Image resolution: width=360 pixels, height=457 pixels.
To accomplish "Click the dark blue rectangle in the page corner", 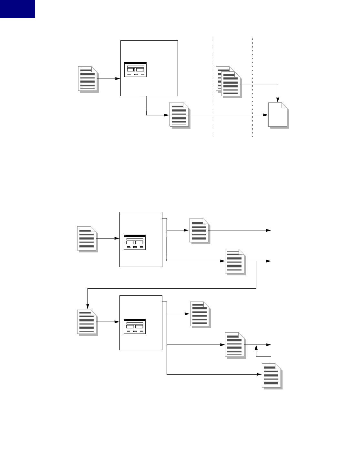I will pyautogui.click(x=17, y=9).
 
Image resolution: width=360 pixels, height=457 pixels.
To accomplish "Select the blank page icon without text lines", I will pyautogui.click(x=278, y=115).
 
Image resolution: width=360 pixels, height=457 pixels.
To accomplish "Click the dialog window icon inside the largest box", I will pyautogui.click(x=135, y=69).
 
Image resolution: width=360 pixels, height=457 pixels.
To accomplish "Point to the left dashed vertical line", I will pyautogui.click(x=212, y=87).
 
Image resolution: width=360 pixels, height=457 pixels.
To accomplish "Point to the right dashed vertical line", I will pyautogui.click(x=252, y=87).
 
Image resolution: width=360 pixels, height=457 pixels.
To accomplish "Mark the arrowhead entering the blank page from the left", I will pyautogui.click(x=266, y=115).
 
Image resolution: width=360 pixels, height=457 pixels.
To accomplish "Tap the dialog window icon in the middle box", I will pyautogui.click(x=135, y=242).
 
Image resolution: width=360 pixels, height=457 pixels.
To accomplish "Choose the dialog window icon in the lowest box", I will pyautogui.click(x=135, y=326).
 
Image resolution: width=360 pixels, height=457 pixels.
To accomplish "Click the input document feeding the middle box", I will pyautogui.click(x=87, y=238).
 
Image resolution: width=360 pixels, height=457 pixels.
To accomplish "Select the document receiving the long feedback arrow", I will pyautogui.click(x=87, y=322).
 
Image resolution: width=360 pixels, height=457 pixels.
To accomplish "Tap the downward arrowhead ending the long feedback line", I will pyautogui.click(x=87, y=307).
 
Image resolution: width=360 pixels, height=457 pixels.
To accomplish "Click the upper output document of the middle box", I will pyautogui.click(x=199, y=230).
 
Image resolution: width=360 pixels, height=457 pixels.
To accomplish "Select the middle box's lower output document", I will pyautogui.click(x=235, y=261).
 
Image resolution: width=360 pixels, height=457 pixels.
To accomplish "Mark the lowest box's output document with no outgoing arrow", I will pyautogui.click(x=200, y=314).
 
